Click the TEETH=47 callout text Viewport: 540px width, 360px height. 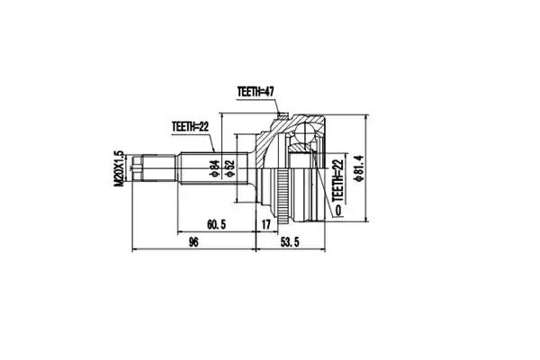(x=256, y=92)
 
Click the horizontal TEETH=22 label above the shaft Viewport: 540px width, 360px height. (x=190, y=127)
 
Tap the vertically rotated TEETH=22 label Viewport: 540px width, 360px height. (x=337, y=180)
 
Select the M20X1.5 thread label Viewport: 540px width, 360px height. (x=119, y=168)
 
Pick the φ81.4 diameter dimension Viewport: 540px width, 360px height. (x=358, y=167)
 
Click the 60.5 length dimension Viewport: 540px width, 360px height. (x=216, y=225)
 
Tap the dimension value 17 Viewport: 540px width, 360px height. (x=265, y=225)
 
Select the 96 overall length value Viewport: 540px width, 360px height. (x=193, y=242)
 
